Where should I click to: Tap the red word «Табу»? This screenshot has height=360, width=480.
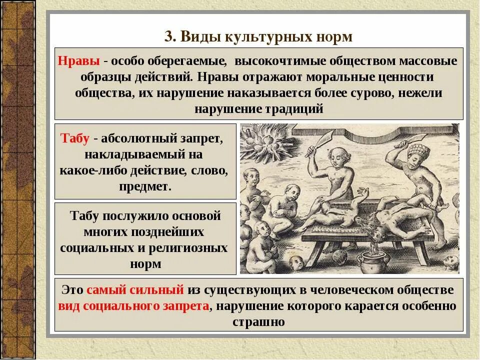74,138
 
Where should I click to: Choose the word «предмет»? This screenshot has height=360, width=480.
145,186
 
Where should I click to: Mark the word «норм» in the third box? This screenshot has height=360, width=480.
145,263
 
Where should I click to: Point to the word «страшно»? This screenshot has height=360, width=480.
258,321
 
